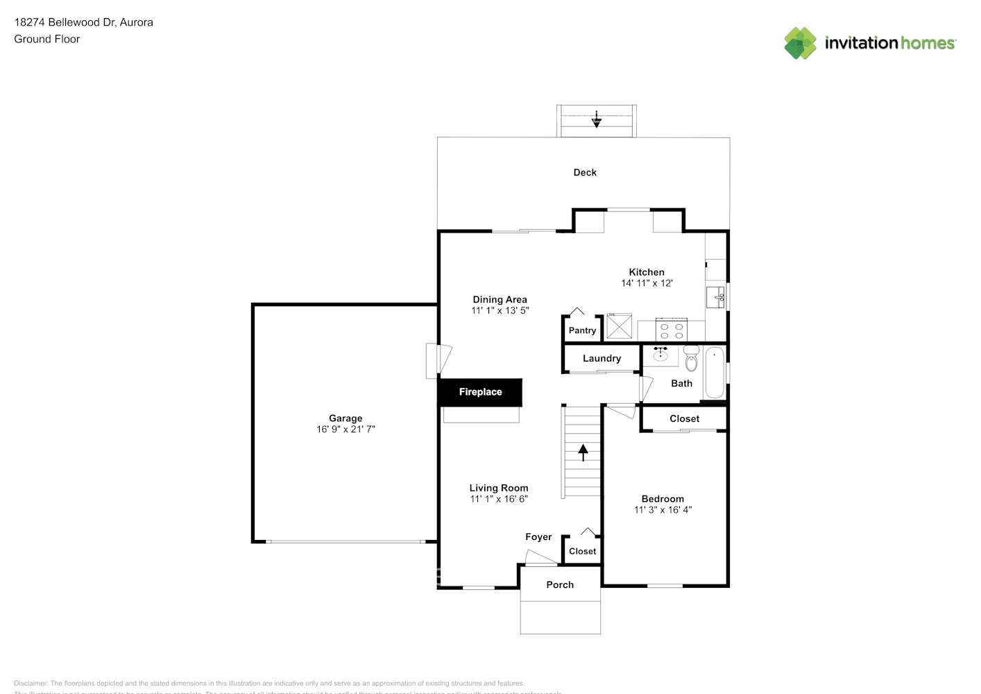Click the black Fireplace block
[x=479, y=392]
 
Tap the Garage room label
[x=346, y=418]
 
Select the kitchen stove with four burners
[x=671, y=330]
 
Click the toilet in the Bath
[x=691, y=359]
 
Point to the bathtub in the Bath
[x=714, y=373]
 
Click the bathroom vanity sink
[x=660, y=355]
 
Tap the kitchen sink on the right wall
[x=716, y=297]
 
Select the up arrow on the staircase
[x=583, y=452]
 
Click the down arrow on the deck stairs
[x=596, y=120]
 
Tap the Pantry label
[x=582, y=330]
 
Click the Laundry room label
[x=602, y=359]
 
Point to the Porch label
[x=560, y=585]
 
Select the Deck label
[x=585, y=173]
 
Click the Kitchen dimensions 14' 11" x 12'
[x=647, y=283]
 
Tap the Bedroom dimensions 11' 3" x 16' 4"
[x=663, y=510]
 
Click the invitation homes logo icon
[x=800, y=43]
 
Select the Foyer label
[x=538, y=537]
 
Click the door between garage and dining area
[x=438, y=360]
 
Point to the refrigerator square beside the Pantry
[x=619, y=326]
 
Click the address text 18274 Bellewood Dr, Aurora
[x=84, y=22]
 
